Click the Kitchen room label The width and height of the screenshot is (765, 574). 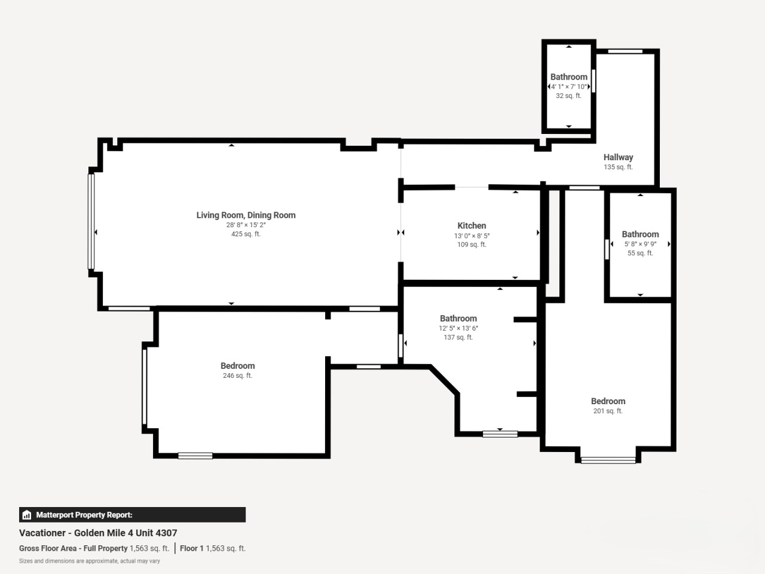pyautogui.click(x=472, y=225)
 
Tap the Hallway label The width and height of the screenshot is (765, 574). pyautogui.click(x=618, y=157)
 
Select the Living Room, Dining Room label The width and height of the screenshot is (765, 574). pyautogui.click(x=246, y=215)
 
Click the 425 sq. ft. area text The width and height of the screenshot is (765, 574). pyautogui.click(x=246, y=234)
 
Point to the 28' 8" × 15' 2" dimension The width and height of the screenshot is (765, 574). pyautogui.click(x=246, y=225)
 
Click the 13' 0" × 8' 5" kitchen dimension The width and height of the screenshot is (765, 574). pyautogui.click(x=472, y=236)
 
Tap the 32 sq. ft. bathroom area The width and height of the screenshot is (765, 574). pyautogui.click(x=568, y=96)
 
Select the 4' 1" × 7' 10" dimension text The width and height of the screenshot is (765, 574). pyautogui.click(x=569, y=87)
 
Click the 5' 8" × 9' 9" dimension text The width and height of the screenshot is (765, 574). pyautogui.click(x=640, y=244)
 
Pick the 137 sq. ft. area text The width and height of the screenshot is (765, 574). pyautogui.click(x=458, y=337)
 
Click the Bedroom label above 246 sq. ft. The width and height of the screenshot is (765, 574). pyautogui.click(x=238, y=366)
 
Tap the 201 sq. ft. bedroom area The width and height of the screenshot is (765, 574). pyautogui.click(x=608, y=411)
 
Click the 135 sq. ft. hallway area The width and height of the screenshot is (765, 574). pyautogui.click(x=618, y=167)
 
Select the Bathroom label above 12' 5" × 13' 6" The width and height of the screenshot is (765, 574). pyautogui.click(x=458, y=319)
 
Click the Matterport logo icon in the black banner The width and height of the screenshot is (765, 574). pyautogui.click(x=27, y=515)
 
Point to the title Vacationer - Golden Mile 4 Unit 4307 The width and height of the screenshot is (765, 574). pyautogui.click(x=98, y=533)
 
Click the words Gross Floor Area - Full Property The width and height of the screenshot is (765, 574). pyautogui.click(x=73, y=548)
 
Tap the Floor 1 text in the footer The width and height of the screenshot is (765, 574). pyautogui.click(x=192, y=548)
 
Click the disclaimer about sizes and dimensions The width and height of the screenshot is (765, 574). pyautogui.click(x=90, y=561)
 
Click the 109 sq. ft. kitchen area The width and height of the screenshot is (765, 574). pyautogui.click(x=472, y=245)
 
